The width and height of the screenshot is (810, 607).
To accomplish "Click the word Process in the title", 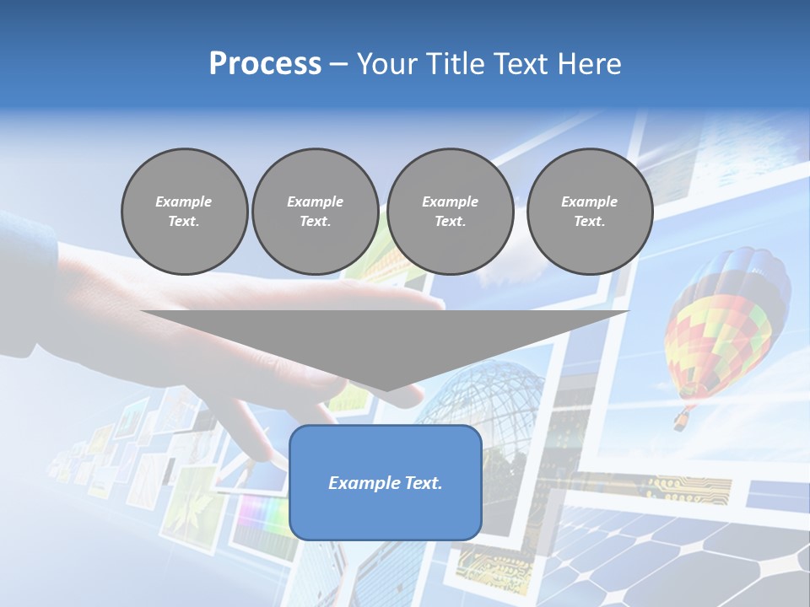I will click(265, 64).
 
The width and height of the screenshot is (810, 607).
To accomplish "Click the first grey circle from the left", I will click(184, 212).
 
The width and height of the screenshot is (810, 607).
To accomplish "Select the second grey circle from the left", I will click(316, 212).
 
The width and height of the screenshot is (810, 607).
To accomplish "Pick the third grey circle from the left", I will click(451, 212).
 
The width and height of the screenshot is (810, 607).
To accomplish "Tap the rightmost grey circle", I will click(590, 212).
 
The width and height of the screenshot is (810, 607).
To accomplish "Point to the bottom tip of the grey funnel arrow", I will click(386, 391).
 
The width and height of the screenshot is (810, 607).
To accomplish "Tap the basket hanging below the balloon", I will click(680, 419).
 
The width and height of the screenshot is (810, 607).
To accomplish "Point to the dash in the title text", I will click(338, 64).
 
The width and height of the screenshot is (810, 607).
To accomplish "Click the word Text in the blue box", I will click(422, 483).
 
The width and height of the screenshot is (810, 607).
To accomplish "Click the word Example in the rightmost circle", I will click(589, 201).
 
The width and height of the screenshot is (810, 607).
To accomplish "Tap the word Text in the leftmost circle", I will click(184, 222).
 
